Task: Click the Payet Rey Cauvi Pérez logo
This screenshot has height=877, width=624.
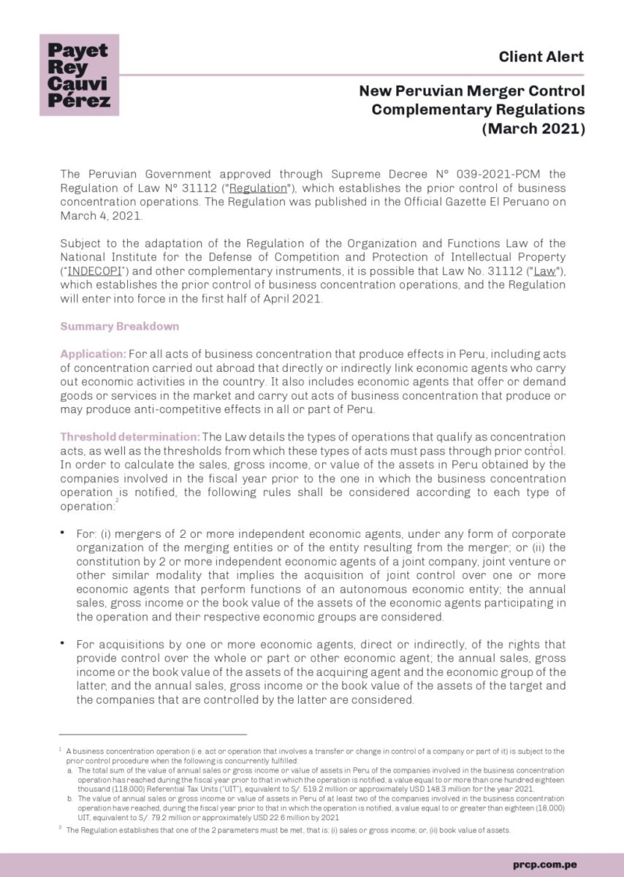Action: point(79,75)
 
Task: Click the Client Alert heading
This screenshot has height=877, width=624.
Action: point(541,56)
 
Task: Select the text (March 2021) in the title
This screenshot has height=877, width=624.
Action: point(533,129)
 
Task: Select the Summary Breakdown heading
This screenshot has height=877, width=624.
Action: point(118,326)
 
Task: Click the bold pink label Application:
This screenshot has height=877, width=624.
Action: point(93,353)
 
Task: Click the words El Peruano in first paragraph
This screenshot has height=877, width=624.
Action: point(526,202)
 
